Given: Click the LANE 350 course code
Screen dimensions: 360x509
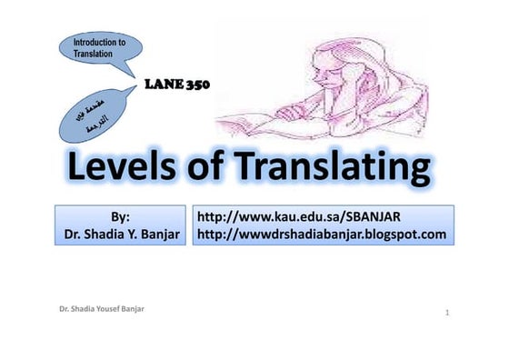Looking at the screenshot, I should click(178, 85).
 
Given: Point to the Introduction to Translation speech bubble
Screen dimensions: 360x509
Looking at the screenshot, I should click(99, 49).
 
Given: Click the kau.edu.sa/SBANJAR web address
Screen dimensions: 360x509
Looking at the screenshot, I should click(299, 216).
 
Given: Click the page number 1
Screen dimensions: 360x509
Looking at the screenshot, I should click(449, 314).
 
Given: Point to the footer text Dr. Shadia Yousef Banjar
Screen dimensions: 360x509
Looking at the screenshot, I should click(100, 309).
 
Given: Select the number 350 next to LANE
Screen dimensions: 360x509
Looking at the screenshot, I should click(197, 85).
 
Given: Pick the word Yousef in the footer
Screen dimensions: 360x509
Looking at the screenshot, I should click(107, 309).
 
